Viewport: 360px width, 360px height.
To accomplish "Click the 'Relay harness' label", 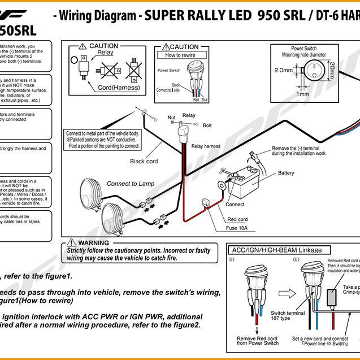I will [206, 146].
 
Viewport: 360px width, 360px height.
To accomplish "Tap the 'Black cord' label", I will [145, 161].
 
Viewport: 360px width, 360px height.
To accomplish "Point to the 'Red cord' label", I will [237, 219].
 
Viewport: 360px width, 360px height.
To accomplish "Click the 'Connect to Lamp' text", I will [131, 184].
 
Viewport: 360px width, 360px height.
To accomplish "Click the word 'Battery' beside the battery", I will [286, 173].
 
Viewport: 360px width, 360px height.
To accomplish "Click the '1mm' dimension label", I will [303, 94].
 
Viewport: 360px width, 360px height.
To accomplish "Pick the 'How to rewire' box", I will [180, 55].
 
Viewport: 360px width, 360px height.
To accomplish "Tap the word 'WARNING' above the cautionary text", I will [94, 242].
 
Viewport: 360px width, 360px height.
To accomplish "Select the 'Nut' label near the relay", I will [172, 118].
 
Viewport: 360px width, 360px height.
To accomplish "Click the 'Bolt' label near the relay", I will [207, 125].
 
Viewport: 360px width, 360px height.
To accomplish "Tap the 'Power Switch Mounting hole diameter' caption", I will [306, 51].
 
